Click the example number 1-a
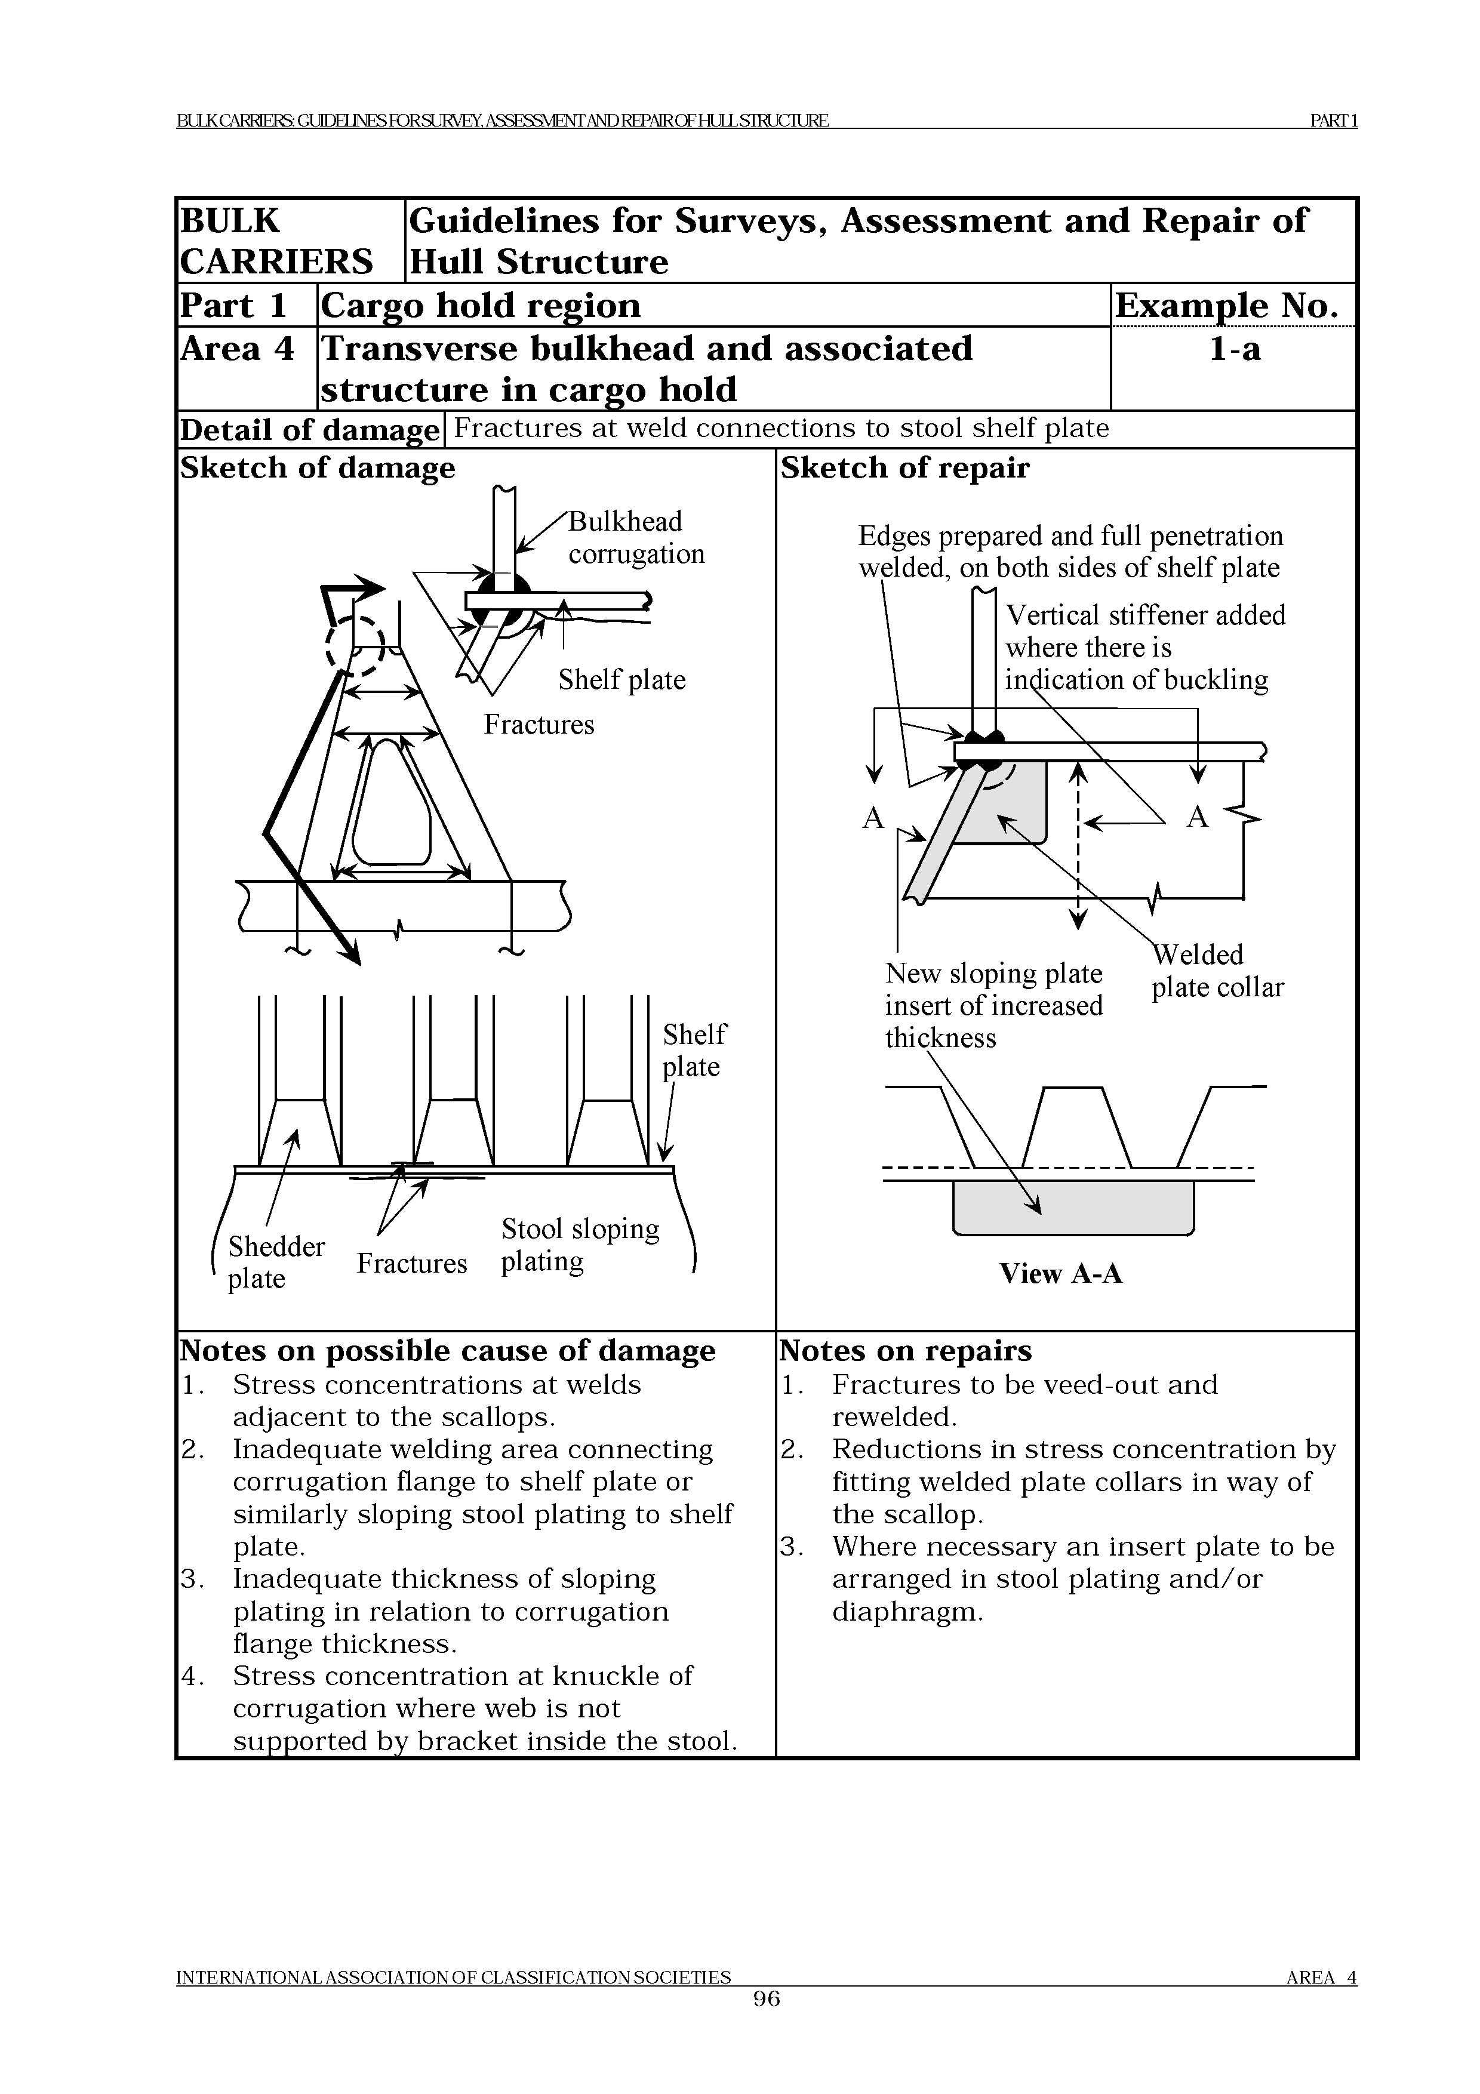pos(1234,349)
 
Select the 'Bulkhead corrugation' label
pos(636,538)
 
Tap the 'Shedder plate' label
pos(275,1262)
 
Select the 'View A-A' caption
pos(1060,1273)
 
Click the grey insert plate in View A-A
pos(1072,1208)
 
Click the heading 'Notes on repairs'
pos(906,1351)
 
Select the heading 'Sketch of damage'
pos(318,468)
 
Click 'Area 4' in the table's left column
pos(237,349)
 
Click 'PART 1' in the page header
pos(1333,121)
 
